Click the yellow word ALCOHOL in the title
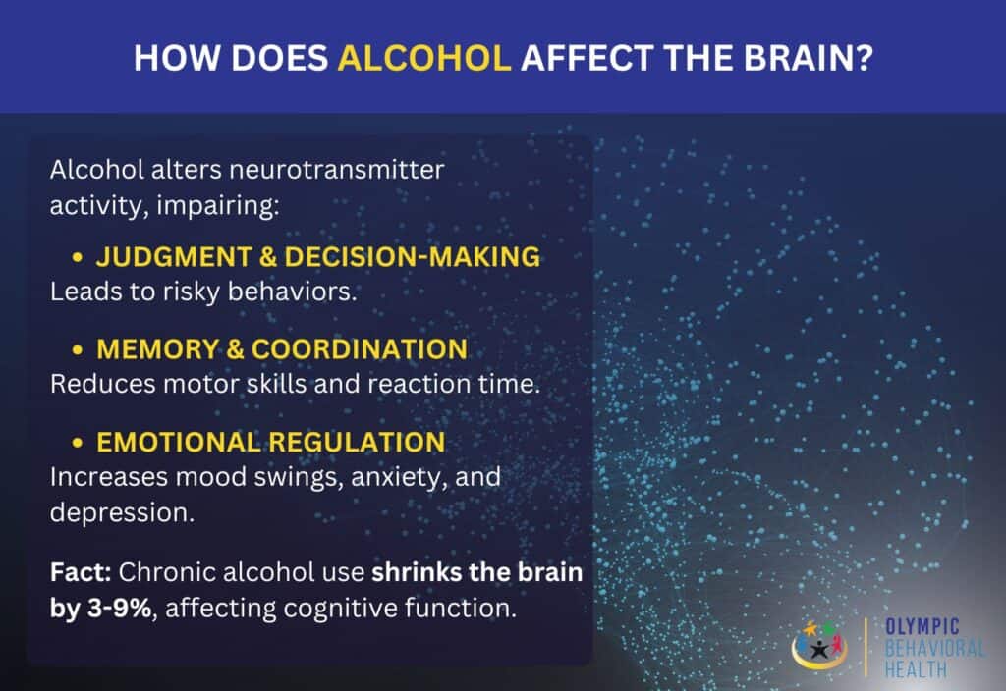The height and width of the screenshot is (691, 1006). point(424,57)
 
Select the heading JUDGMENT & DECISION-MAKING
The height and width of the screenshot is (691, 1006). point(317,257)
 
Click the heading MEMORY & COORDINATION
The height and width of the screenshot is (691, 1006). point(281,348)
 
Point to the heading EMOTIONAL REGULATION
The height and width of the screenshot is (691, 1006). point(270,442)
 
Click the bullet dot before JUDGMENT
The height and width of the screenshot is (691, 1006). point(78,258)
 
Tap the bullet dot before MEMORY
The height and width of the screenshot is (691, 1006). point(78,349)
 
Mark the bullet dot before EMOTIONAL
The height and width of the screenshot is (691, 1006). point(78,443)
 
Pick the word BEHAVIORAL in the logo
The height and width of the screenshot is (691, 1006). point(933,648)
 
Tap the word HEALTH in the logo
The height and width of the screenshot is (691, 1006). point(915,669)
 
